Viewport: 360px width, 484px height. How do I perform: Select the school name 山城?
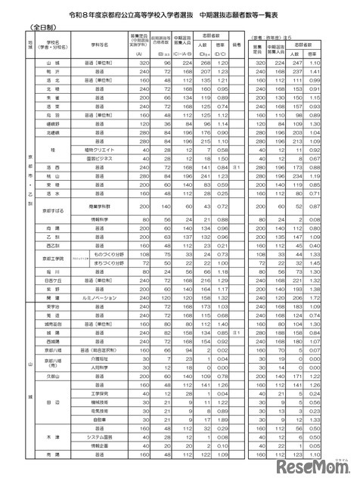(52, 64)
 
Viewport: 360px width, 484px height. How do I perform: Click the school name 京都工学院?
(52, 260)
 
